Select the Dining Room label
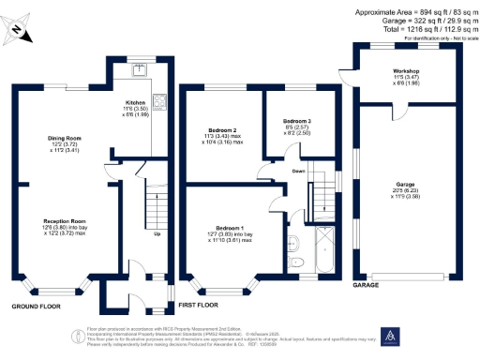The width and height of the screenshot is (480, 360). click(x=64, y=138)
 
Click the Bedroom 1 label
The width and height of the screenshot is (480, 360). click(x=230, y=228)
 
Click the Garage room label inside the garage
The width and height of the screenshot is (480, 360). click(x=406, y=188)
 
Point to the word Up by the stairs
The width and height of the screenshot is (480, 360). click(x=155, y=233)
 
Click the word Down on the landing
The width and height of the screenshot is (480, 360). click(x=298, y=171)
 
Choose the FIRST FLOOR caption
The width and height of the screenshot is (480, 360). click(x=198, y=305)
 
